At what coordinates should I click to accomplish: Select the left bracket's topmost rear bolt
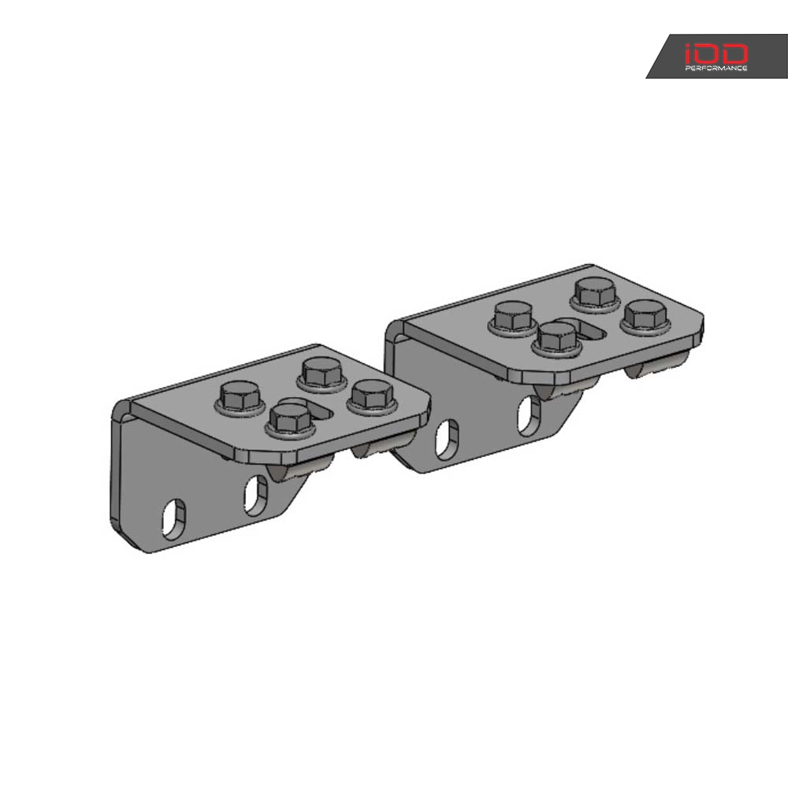pyautogui.click(x=319, y=372)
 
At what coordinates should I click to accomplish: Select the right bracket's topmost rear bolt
pyautogui.click(x=594, y=292)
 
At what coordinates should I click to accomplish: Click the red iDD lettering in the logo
pyautogui.click(x=716, y=54)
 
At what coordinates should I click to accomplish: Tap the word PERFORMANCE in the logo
pyautogui.click(x=715, y=69)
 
